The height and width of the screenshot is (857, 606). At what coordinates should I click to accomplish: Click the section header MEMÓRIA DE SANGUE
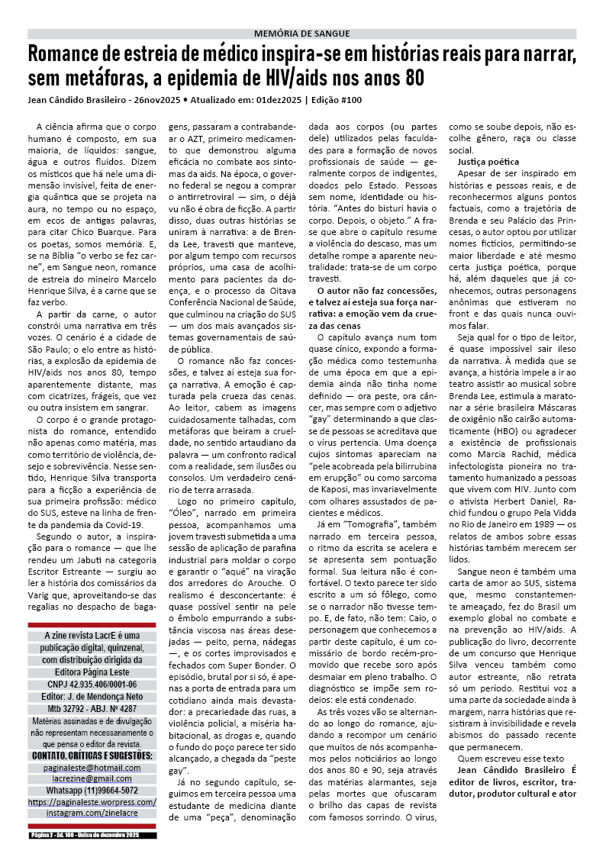click(301, 34)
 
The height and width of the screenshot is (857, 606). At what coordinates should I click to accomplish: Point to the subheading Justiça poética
click(488, 163)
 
